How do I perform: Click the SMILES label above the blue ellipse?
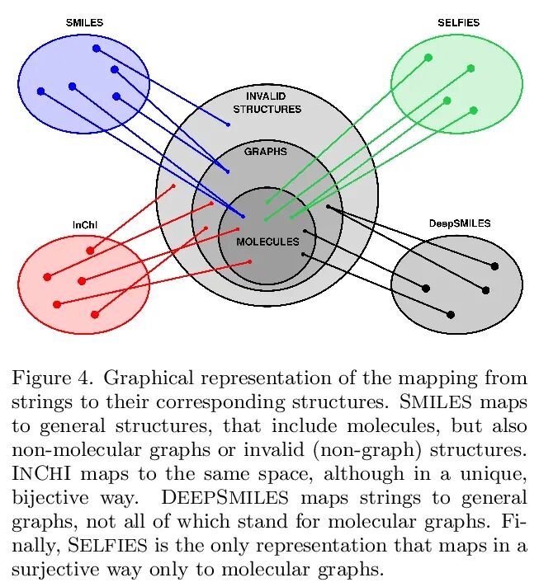click(84, 23)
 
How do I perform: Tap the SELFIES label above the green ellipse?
click(458, 23)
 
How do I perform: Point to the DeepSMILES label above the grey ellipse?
click(460, 223)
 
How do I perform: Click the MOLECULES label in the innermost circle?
click(267, 242)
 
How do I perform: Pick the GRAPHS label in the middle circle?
click(266, 152)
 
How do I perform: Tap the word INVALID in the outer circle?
click(266, 96)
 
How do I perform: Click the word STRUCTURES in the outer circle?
click(267, 109)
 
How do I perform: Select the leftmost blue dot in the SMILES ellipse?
click(40, 91)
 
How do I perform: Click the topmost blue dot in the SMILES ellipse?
click(97, 49)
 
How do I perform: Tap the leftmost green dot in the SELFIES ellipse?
click(428, 57)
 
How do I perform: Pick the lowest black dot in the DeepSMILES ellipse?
click(451, 314)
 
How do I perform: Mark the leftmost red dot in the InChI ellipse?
click(47, 277)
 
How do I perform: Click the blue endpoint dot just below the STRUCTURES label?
click(229, 124)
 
